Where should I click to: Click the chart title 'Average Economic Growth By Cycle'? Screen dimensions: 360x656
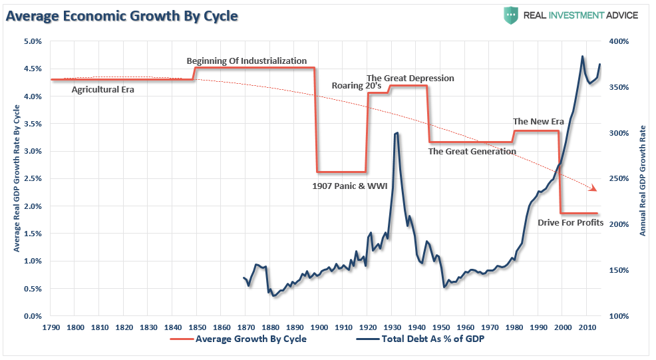122,15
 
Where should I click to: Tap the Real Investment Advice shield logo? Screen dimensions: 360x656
511,15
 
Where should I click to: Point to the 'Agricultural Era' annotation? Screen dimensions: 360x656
102,89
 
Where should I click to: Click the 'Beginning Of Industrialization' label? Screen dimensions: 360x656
246,61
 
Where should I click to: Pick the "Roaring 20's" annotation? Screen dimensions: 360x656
357,85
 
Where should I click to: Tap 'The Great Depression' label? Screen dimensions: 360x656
410,78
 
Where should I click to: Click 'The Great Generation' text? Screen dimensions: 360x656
472,151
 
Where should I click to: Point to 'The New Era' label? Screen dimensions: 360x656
538,121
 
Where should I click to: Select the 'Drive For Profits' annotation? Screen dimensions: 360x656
570,223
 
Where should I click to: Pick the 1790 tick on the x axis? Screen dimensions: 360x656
51,328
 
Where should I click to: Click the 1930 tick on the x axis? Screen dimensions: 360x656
392,328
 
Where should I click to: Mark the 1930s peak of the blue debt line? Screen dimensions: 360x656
397,133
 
